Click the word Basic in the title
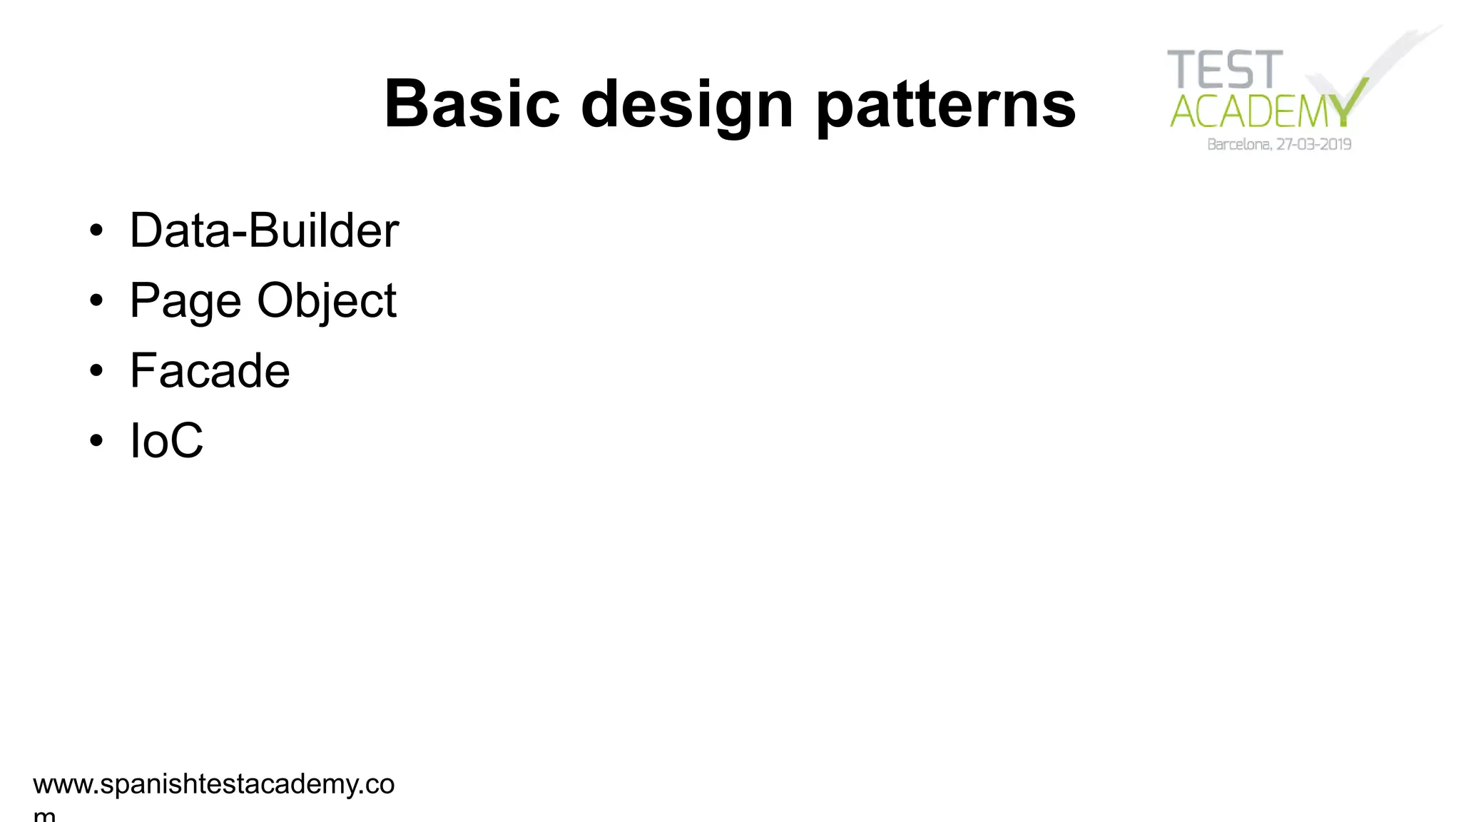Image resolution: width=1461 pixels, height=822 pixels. point(472,104)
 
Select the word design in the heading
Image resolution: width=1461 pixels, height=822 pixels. point(687,104)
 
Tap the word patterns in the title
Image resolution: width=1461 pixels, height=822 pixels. point(945,104)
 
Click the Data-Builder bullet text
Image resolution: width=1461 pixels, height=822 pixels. point(264,230)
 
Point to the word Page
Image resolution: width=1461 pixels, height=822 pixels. point(185,301)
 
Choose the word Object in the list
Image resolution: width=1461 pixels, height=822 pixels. point(327,301)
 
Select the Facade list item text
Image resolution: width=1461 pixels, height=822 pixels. point(210,371)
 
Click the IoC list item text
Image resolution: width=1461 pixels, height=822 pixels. point(166,440)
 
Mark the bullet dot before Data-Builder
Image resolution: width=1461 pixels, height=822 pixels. point(96,231)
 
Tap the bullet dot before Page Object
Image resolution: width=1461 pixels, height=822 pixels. point(96,301)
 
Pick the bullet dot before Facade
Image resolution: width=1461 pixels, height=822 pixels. point(96,371)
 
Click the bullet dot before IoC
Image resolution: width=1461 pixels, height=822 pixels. point(96,441)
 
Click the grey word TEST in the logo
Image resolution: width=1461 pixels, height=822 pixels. point(1225,70)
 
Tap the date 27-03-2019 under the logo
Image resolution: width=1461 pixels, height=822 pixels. point(1314,145)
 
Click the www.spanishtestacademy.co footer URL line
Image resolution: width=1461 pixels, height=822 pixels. point(213,784)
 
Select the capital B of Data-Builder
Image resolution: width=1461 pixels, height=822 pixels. point(263,230)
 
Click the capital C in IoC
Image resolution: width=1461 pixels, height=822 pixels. point(186,440)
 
